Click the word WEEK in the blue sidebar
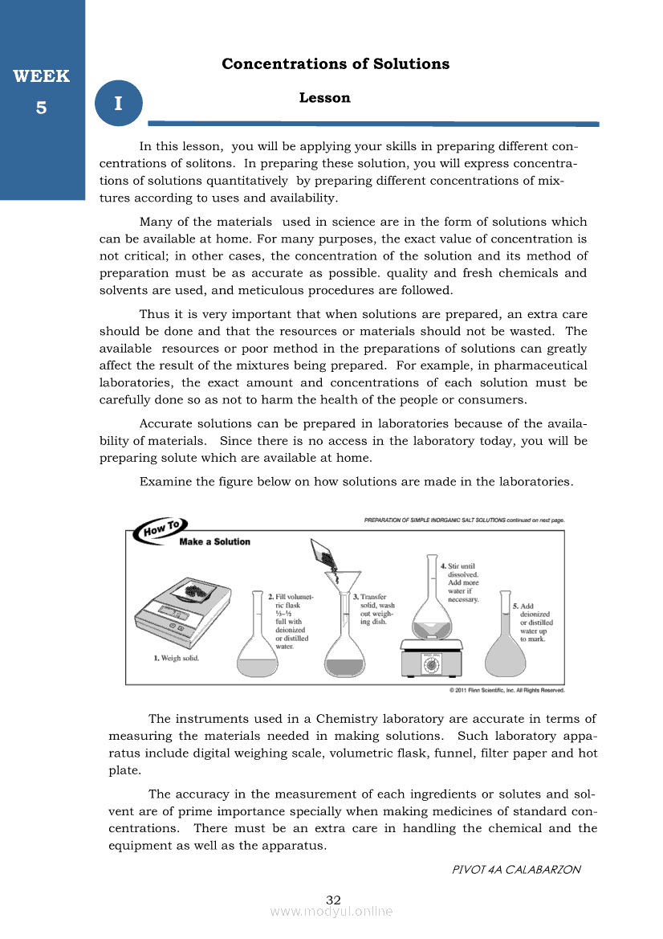click(x=41, y=76)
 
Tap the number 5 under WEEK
click(x=41, y=107)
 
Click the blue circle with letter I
click(x=118, y=104)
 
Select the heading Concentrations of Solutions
click(x=336, y=64)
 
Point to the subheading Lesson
click(x=324, y=98)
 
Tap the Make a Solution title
click(x=215, y=542)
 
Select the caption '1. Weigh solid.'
click(x=177, y=659)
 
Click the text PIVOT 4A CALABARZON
click(x=516, y=869)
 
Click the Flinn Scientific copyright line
click(x=506, y=690)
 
